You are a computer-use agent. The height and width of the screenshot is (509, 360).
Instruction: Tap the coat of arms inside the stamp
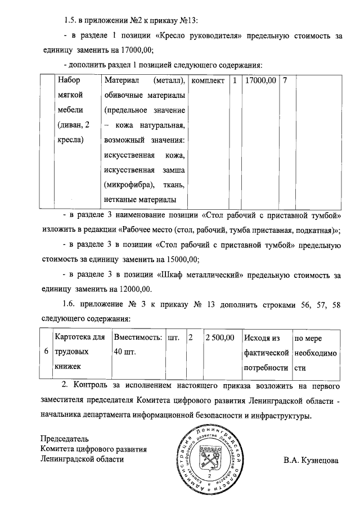(210, 456)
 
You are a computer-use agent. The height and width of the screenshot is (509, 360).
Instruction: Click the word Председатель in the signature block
(65, 438)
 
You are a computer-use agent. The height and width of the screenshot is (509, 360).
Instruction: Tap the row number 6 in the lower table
(46, 353)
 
